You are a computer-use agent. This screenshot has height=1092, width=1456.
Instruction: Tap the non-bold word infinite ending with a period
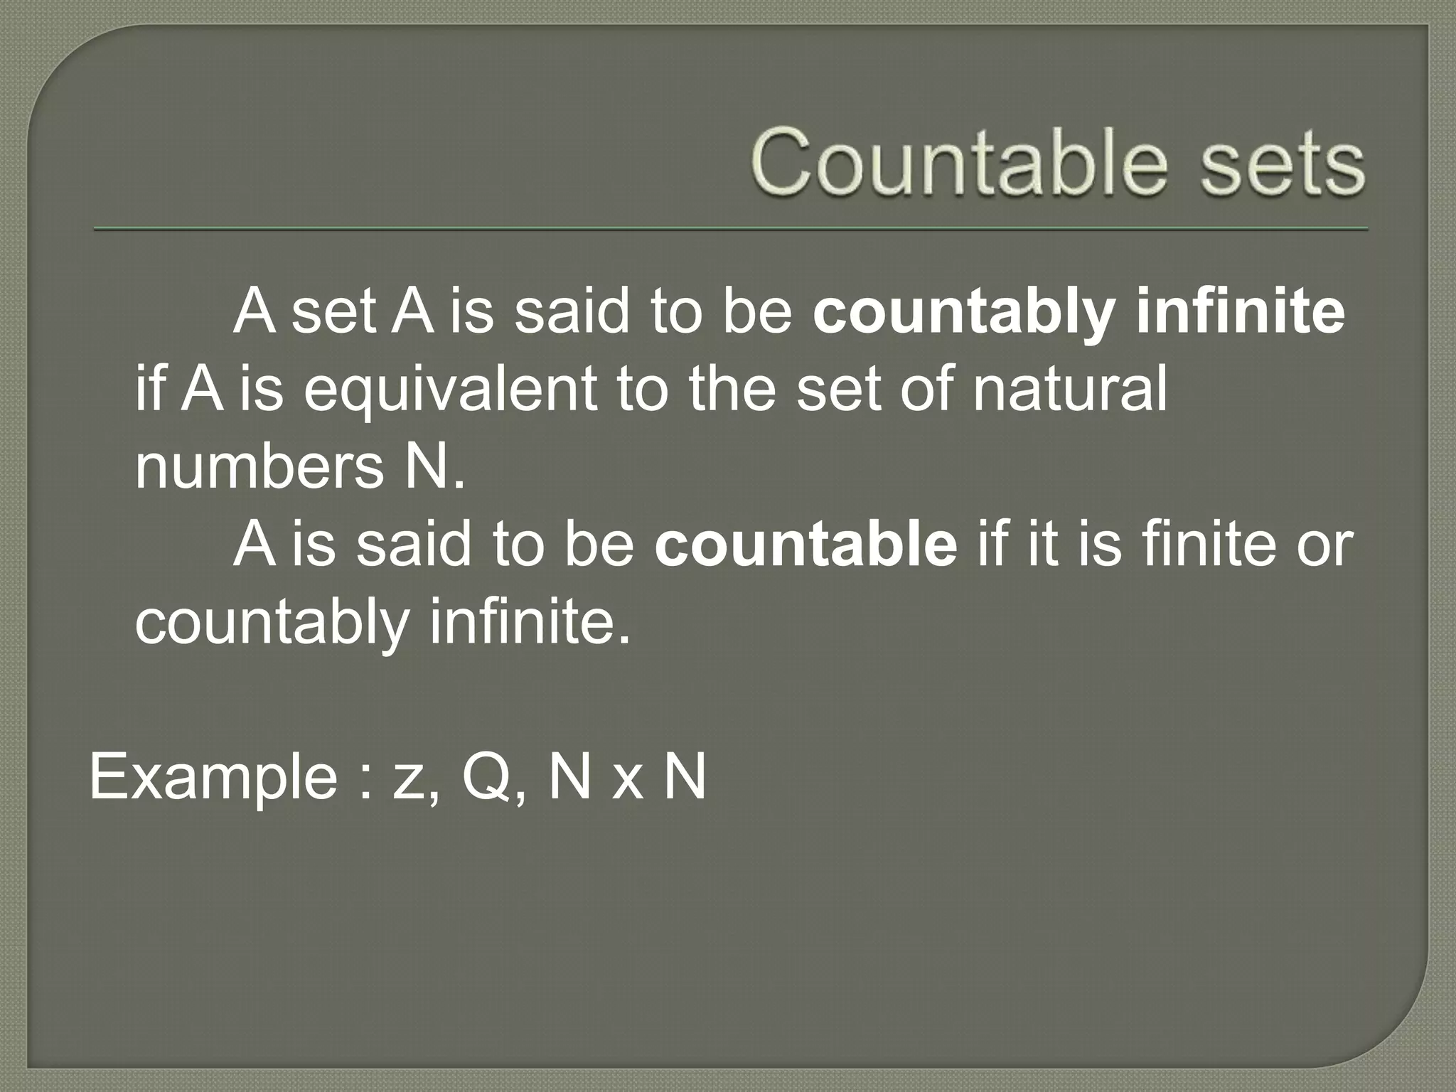tap(529, 621)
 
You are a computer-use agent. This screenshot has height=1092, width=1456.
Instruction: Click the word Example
tap(213, 778)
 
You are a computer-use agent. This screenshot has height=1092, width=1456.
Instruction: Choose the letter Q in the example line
tap(488, 778)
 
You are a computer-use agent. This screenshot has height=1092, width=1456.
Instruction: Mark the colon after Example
tap(367, 782)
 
